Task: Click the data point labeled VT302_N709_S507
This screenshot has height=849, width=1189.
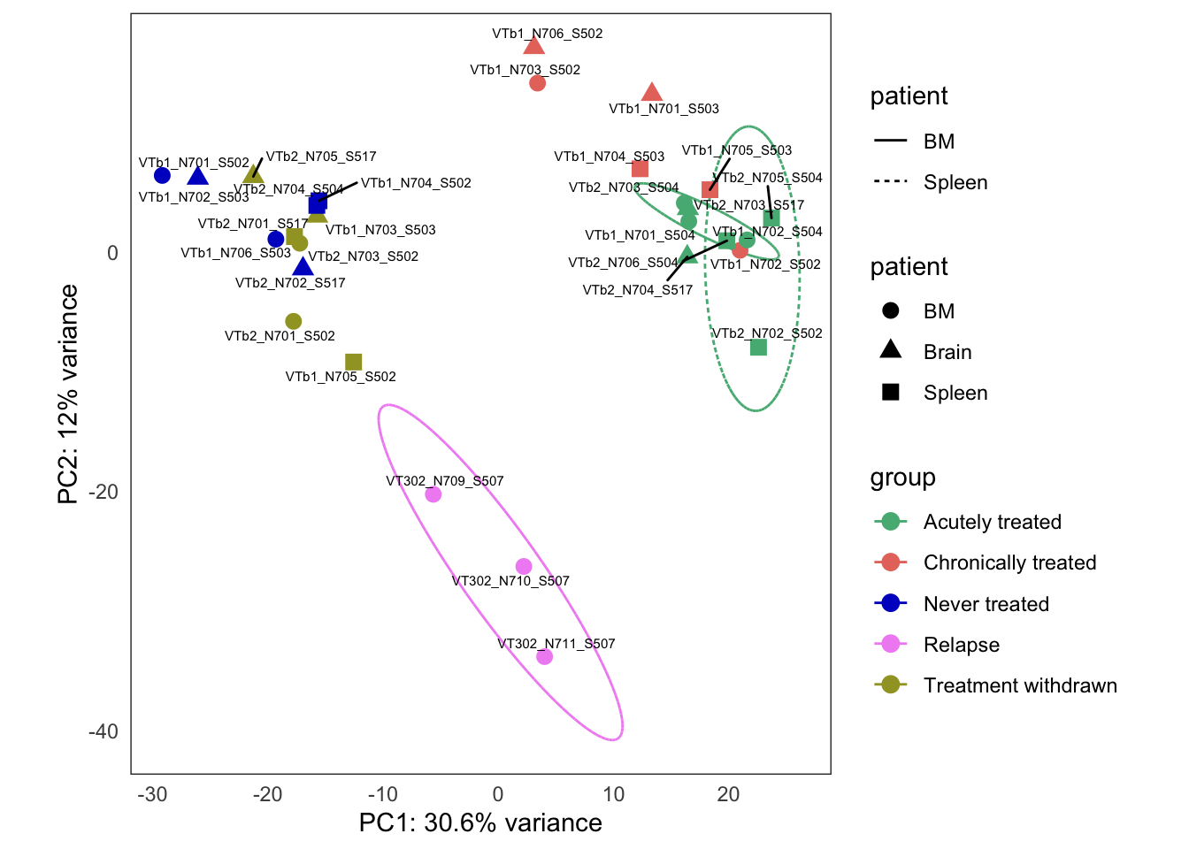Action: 433,494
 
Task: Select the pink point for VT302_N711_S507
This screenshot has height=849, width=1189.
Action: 544,656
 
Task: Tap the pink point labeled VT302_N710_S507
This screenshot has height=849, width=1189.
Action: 524,566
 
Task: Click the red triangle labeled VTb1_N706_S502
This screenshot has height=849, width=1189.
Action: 533,46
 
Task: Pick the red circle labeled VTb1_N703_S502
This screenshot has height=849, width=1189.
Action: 537,83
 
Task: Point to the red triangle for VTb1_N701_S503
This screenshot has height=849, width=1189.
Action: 652,93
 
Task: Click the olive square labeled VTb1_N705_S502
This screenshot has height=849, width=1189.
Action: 353,362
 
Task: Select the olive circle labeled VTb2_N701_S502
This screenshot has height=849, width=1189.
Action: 294,321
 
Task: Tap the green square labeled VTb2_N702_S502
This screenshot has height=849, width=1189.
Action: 758,348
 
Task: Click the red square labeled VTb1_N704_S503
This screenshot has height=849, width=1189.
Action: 641,169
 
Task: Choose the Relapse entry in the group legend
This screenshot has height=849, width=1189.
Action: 961,645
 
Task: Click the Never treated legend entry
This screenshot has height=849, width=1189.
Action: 986,604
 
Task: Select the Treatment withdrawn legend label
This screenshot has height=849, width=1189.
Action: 1019,685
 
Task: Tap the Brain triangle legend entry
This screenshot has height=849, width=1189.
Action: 947,352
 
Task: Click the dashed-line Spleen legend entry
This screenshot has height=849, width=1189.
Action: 955,182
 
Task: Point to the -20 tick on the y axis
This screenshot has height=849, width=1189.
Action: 104,493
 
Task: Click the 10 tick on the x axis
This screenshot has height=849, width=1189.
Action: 613,794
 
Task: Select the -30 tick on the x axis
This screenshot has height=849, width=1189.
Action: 152,794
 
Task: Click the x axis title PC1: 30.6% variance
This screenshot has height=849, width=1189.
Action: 480,823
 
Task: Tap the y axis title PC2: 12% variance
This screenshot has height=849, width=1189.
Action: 68,394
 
